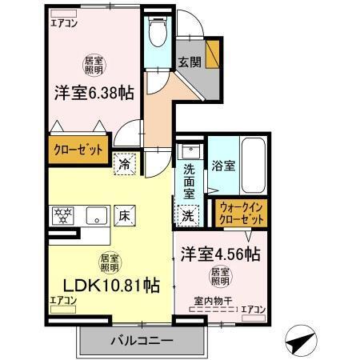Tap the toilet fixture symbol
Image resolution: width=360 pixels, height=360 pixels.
156,34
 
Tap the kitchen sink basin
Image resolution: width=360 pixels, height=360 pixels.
96,214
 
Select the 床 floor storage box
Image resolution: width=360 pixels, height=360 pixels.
125,214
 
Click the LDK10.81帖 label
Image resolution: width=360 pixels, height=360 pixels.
105,285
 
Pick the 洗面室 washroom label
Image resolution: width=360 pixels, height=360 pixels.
189,182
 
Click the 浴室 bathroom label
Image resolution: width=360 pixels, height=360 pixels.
223,166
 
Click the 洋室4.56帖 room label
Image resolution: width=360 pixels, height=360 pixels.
220,255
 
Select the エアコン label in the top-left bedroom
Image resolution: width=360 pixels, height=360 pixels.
63,22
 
